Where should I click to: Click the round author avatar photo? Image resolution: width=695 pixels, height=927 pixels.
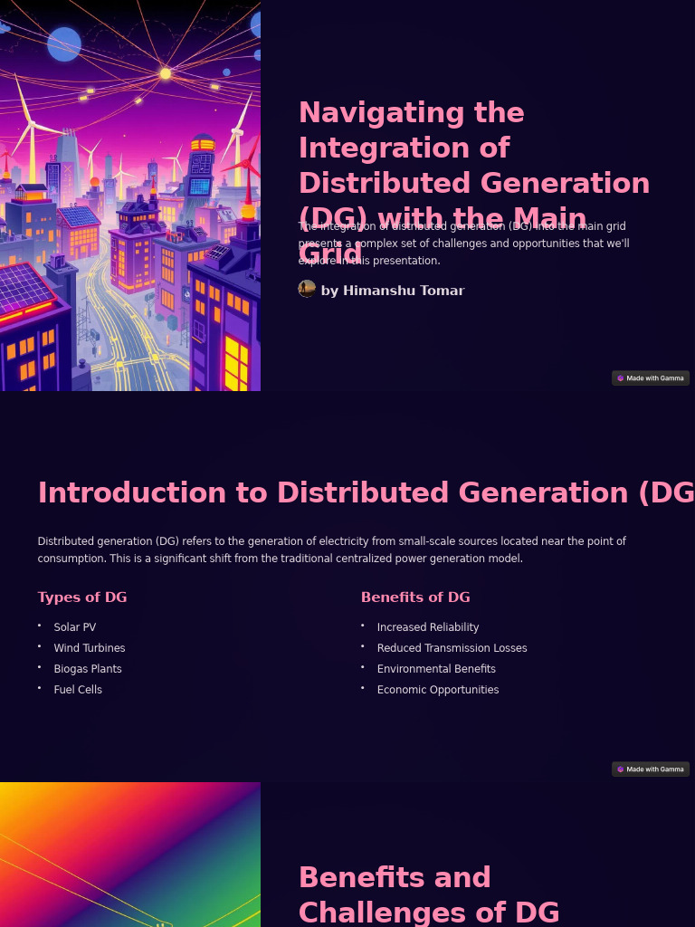[307, 289]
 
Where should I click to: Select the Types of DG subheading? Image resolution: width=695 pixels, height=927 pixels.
[81, 597]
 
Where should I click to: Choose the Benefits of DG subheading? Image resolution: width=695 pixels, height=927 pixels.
[415, 597]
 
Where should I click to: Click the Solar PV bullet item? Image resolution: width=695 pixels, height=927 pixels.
[74, 627]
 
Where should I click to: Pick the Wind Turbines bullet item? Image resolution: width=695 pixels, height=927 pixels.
[89, 648]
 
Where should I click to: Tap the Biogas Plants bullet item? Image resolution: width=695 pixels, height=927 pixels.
[87, 669]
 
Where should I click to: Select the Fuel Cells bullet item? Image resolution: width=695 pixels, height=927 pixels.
[78, 690]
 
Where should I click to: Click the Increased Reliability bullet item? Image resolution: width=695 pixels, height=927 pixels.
[427, 627]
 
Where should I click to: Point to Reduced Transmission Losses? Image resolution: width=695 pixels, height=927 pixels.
[452, 648]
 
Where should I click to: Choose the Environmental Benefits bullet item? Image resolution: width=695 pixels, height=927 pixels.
[436, 669]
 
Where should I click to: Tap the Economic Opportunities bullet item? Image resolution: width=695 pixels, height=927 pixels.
[438, 690]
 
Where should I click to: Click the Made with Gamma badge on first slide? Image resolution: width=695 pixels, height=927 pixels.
[651, 378]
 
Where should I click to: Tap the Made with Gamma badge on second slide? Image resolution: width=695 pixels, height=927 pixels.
[651, 769]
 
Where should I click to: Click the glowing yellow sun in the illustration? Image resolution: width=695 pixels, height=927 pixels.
[166, 73]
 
